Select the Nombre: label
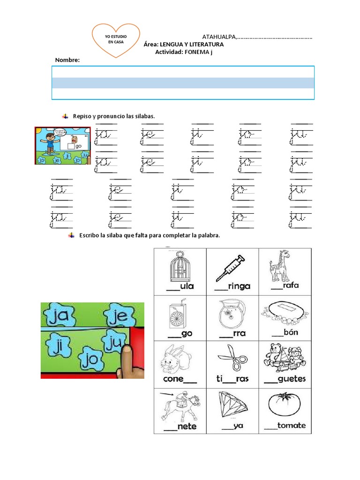(67, 60)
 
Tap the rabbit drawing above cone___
(176, 361)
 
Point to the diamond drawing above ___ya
(232, 406)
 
